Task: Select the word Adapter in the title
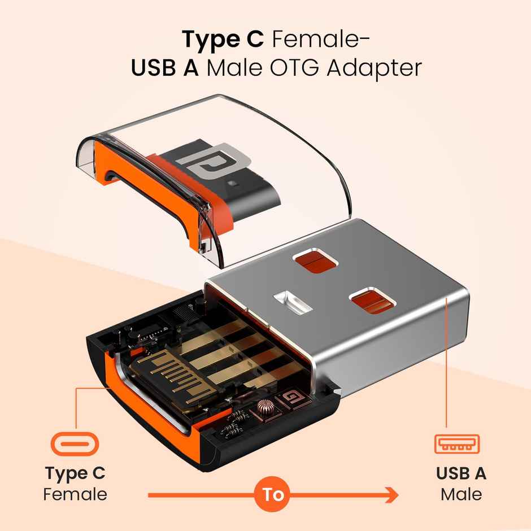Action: click(x=374, y=69)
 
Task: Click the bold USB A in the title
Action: click(x=164, y=68)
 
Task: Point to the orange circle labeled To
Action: click(x=273, y=494)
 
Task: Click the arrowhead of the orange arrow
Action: click(x=392, y=495)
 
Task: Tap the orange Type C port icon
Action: click(x=75, y=444)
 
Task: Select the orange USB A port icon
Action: click(x=457, y=444)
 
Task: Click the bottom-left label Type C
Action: click(x=75, y=473)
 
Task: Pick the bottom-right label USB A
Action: click(x=461, y=473)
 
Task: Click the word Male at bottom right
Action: click(x=461, y=494)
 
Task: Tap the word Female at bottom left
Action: click(x=75, y=494)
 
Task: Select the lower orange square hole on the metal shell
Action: click(x=372, y=301)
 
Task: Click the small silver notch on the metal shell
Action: click(x=293, y=302)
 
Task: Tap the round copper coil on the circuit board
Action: click(x=265, y=407)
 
